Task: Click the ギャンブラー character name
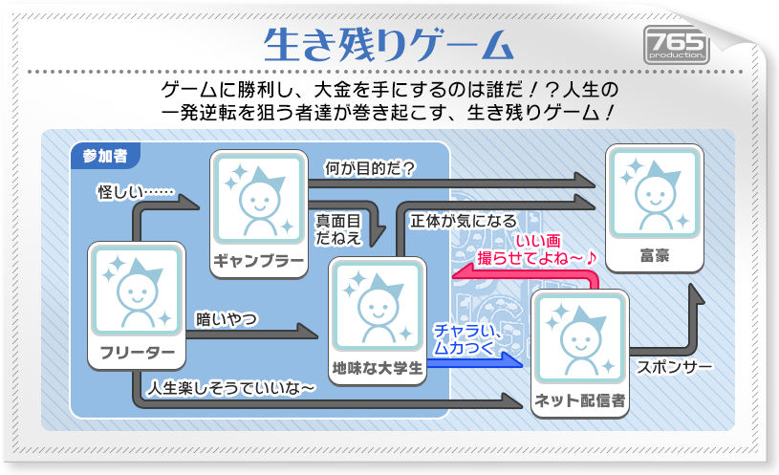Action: click(258, 262)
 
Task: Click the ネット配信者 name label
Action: click(580, 400)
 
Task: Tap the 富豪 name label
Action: click(656, 256)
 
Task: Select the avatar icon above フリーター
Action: click(135, 291)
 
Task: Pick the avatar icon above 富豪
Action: click(656, 195)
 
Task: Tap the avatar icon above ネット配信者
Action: click(579, 338)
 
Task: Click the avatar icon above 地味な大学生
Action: click(377, 307)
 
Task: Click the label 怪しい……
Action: click(135, 193)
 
